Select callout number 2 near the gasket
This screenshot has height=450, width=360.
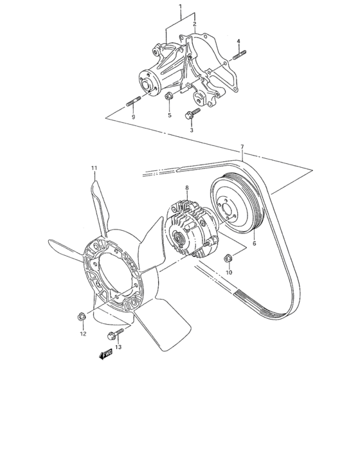(x=194, y=24)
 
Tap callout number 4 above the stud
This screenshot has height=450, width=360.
(x=239, y=41)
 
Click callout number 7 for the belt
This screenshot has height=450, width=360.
(x=242, y=147)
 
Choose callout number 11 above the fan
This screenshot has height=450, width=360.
(x=94, y=168)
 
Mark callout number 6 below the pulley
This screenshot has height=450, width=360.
(x=254, y=244)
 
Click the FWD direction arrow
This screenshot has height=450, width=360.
(x=105, y=353)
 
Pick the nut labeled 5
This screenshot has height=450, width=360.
(x=168, y=96)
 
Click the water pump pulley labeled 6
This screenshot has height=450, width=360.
(x=236, y=204)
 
